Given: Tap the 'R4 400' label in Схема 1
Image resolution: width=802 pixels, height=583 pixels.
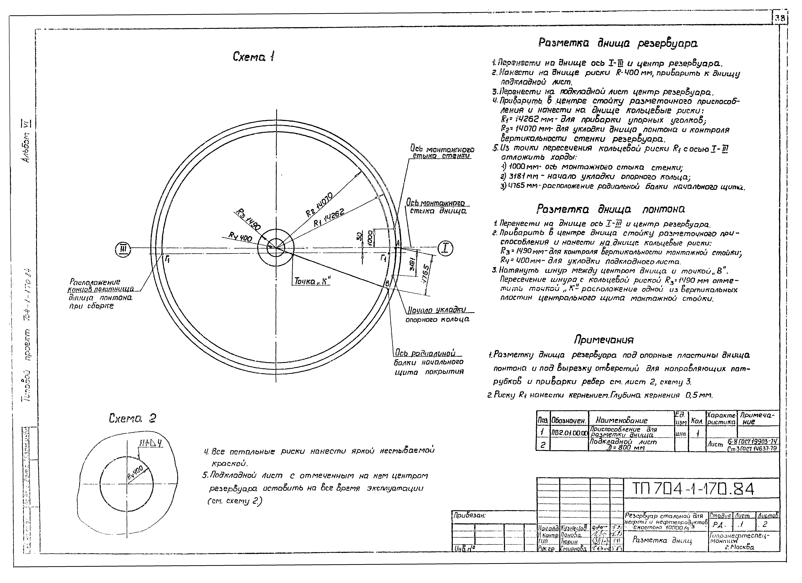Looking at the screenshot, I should coord(240,237).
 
